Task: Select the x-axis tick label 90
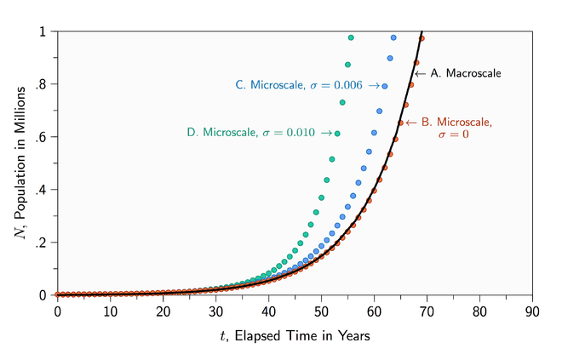(x=532, y=311)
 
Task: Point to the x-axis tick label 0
(x=57, y=311)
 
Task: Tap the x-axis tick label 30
(x=215, y=311)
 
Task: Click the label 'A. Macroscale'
(x=467, y=73)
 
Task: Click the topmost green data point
(x=351, y=37)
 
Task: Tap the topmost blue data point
(x=393, y=37)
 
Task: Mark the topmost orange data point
(x=421, y=39)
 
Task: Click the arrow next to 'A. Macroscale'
(x=419, y=73)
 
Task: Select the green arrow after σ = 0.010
(x=326, y=134)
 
